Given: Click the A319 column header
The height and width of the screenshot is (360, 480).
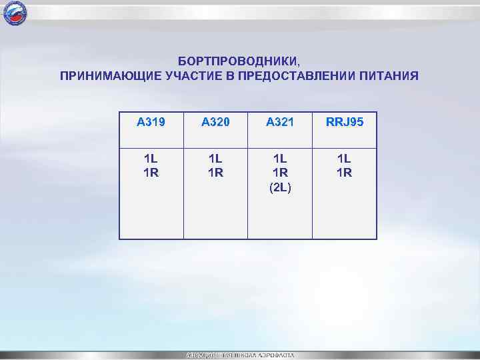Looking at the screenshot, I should (x=151, y=121).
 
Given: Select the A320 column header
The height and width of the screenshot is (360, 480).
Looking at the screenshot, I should (x=215, y=121).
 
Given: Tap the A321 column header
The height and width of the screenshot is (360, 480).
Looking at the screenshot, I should (x=280, y=121).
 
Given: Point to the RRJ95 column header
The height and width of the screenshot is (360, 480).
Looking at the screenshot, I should (x=345, y=121).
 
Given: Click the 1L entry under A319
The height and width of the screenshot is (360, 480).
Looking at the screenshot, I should (x=151, y=159).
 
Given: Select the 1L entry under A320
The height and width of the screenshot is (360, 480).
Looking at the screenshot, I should (x=215, y=159).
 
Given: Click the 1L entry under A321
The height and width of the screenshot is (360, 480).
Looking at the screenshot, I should (x=280, y=159).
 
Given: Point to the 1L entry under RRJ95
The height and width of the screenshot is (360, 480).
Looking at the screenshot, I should (x=345, y=159).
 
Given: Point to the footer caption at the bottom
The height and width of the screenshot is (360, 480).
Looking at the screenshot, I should (x=239, y=354).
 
